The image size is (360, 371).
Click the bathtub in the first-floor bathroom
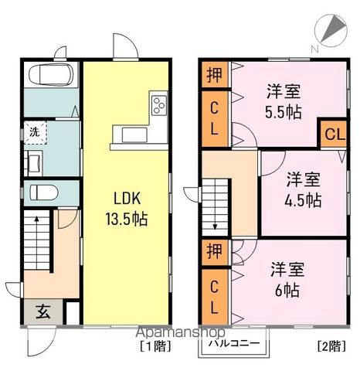tap(50, 77)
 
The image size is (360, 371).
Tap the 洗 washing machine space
tap(34, 132)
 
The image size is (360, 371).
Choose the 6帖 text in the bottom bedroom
tap(287, 291)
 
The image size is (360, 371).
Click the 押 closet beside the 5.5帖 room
tap(214, 74)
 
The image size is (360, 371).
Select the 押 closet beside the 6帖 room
tap(214, 251)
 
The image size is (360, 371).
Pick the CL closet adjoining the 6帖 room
tap(214, 295)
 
